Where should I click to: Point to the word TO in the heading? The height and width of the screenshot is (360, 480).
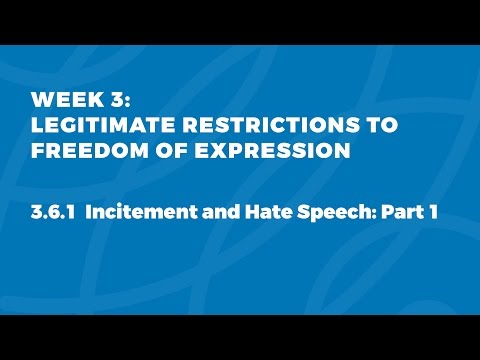tap(377, 126)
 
